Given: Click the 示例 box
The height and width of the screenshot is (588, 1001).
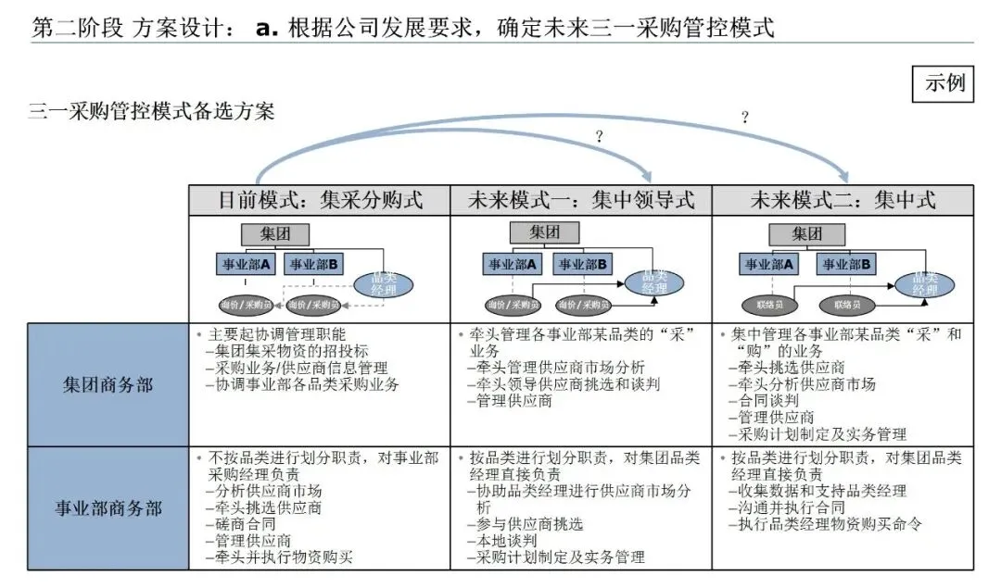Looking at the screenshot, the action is (x=944, y=83).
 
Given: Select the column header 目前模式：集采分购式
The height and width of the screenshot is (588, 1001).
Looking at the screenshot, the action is (x=320, y=200).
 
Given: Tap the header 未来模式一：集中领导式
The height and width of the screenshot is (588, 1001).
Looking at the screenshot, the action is (x=581, y=200).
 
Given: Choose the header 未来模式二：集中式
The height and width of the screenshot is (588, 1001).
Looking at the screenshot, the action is (x=843, y=200).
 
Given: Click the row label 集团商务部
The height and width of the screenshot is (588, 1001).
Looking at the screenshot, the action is (x=108, y=384).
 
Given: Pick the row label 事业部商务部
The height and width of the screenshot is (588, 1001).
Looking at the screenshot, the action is (x=108, y=508).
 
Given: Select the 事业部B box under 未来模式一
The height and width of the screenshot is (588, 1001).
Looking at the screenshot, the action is (x=581, y=265).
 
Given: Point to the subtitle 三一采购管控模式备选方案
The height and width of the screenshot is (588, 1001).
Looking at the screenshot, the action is (x=151, y=112).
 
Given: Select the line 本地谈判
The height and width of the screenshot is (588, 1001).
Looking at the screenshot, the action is (x=507, y=541).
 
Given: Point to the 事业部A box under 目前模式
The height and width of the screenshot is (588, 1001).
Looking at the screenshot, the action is (x=246, y=265).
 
